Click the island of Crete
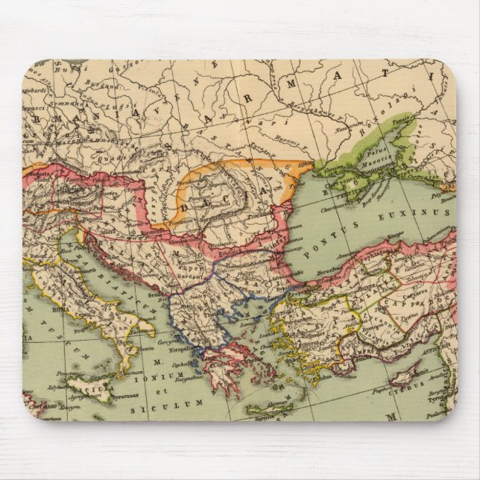[270, 409]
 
